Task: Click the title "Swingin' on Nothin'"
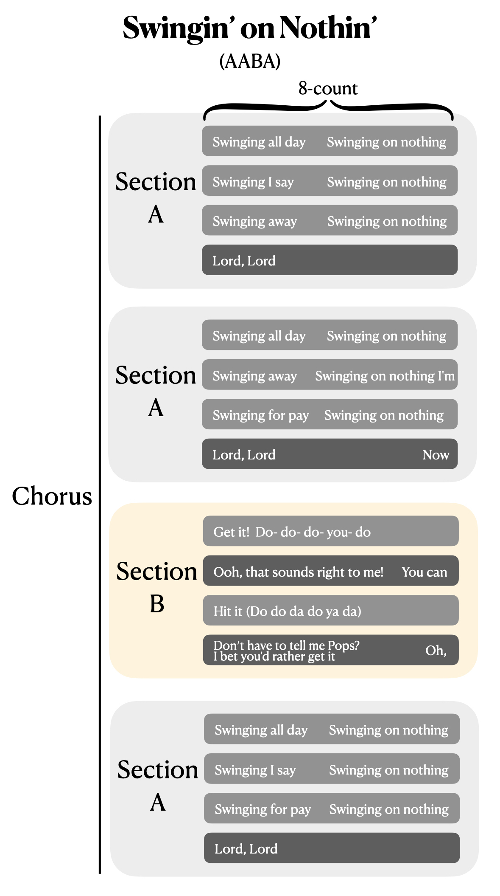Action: coord(249,28)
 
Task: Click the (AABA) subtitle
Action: coord(250,62)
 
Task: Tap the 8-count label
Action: coord(328,88)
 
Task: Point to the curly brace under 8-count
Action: coord(328,108)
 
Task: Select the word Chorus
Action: coord(52,496)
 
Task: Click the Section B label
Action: coord(156,587)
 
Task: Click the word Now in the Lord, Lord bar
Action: coord(436,455)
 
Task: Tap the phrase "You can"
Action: coord(424,572)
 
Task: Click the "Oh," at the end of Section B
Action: coord(436,651)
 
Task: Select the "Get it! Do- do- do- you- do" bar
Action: coord(331,532)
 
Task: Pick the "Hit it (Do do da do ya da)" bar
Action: coord(331,611)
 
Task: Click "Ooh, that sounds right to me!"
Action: coord(298,572)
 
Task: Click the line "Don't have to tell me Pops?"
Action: coord(286,645)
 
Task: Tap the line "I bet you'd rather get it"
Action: coord(274,657)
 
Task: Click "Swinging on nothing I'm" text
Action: coord(385,376)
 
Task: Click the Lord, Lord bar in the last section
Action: coord(332,848)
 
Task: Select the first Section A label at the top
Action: coord(156,197)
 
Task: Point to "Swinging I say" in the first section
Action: coord(253,182)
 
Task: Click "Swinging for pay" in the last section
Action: coord(263,809)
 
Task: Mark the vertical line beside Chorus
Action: coord(100,494)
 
